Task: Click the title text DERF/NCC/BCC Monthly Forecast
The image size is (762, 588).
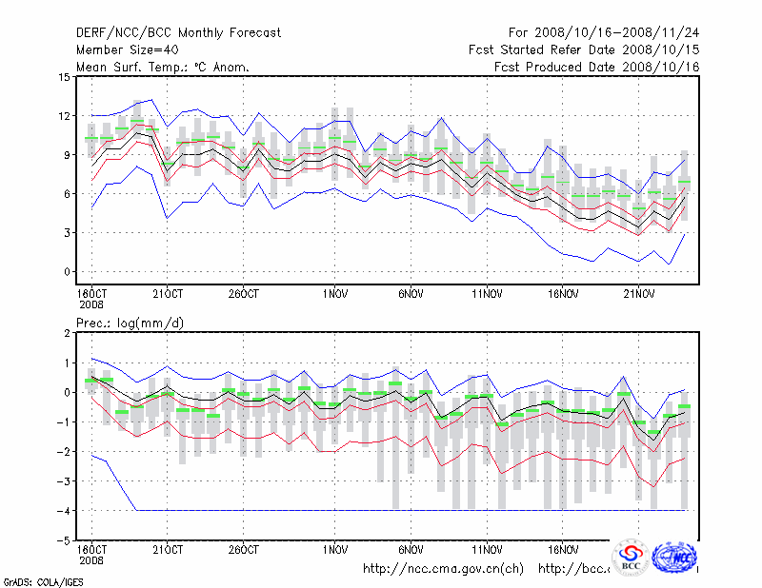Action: click(x=178, y=33)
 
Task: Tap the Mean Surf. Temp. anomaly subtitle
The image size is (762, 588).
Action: click(x=163, y=68)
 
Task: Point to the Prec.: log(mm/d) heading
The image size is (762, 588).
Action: click(x=130, y=323)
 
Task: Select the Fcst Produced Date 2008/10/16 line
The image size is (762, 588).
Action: click(x=597, y=68)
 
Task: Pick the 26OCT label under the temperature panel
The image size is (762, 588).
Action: click(x=243, y=293)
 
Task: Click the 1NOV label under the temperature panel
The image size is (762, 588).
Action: click(x=334, y=293)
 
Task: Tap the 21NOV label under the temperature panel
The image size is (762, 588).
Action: click(x=639, y=293)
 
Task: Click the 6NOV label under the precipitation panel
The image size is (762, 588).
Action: click(x=411, y=550)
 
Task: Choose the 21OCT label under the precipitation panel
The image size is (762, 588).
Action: click(x=168, y=550)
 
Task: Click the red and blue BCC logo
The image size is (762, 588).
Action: click(x=631, y=559)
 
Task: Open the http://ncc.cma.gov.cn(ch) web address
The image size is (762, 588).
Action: click(x=443, y=569)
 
